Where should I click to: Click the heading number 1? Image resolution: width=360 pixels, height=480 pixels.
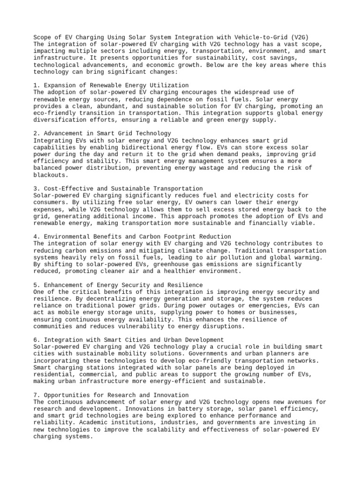[36, 85]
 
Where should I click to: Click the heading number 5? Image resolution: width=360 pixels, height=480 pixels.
[36, 285]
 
